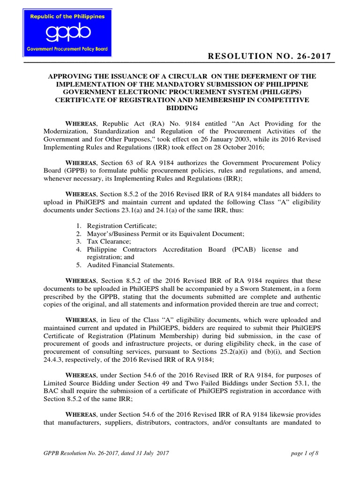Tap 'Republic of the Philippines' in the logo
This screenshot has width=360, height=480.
(x=68, y=16)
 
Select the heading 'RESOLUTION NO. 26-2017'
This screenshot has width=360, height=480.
(x=270, y=57)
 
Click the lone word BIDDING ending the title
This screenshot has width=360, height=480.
(x=180, y=108)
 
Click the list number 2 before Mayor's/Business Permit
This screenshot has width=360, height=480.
(x=78, y=233)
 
